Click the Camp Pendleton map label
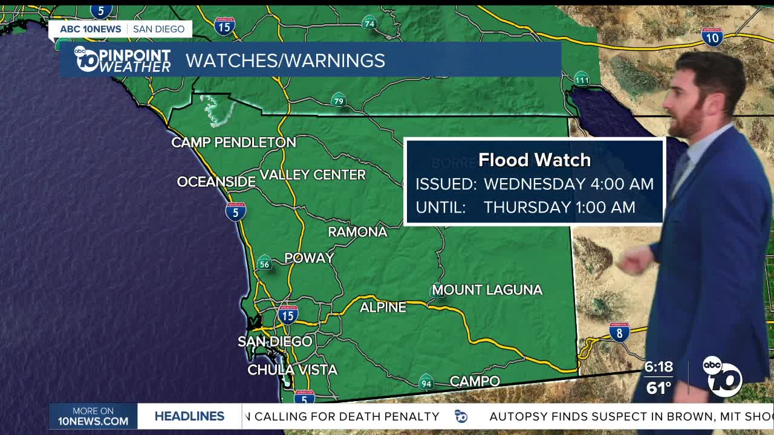tap(233, 143)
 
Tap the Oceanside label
tap(216, 182)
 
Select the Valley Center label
tap(313, 175)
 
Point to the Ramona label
tap(357, 232)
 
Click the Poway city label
tap(309, 258)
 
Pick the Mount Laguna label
tap(487, 290)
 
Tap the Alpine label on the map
tap(383, 308)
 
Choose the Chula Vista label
tap(292, 370)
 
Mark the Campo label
tap(475, 381)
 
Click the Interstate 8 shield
tap(619, 332)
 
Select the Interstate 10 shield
tap(712, 37)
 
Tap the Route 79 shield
tap(339, 100)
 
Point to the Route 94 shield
tap(426, 382)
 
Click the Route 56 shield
tap(264, 263)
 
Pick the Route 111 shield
tap(582, 79)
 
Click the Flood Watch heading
tap(535, 160)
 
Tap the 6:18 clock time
tap(658, 367)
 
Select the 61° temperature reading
tap(658, 388)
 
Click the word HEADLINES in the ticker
tap(189, 416)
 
